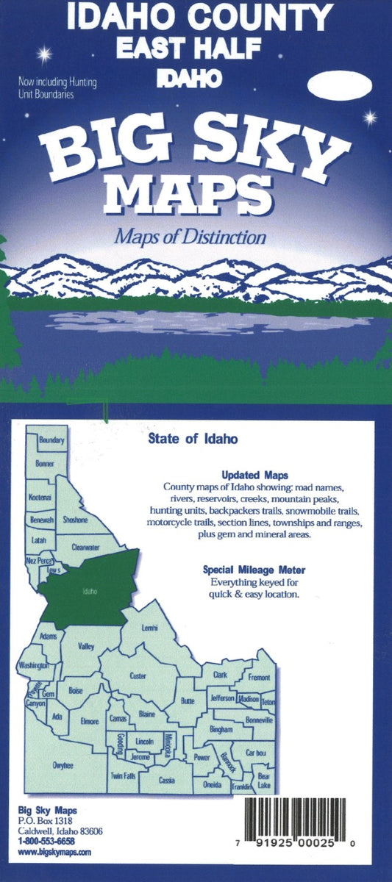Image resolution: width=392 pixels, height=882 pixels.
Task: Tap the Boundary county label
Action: [52, 440]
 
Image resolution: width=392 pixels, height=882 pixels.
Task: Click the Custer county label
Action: [138, 675]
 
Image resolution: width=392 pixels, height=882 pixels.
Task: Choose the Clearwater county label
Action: [86, 547]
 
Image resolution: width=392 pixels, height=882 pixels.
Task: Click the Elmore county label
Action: [89, 721]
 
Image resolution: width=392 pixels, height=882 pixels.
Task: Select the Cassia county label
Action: [167, 778]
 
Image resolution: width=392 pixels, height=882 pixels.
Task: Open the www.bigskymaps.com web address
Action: [54, 852]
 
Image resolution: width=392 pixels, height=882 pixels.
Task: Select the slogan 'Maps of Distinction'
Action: [189, 237]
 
